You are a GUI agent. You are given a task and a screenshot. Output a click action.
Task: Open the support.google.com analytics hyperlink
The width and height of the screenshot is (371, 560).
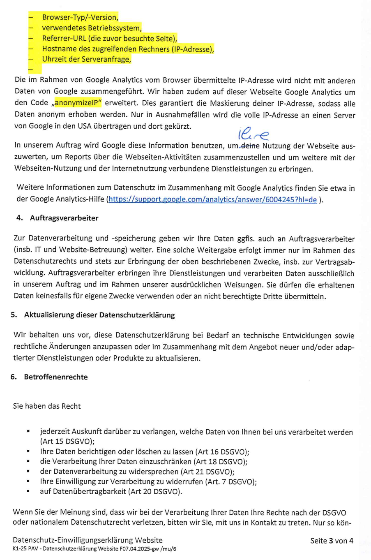coord(212,200)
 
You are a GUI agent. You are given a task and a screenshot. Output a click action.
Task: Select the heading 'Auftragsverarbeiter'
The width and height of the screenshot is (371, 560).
coord(64,218)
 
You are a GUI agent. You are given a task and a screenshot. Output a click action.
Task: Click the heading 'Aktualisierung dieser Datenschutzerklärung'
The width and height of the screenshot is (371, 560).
coord(99,315)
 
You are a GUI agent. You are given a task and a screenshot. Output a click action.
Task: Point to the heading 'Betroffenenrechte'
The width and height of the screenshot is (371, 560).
coord(55,377)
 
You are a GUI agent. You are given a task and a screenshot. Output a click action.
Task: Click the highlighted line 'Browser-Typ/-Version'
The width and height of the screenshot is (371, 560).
coord(80,17)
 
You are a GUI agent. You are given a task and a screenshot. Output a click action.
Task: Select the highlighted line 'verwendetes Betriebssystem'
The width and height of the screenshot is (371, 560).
coord(92,28)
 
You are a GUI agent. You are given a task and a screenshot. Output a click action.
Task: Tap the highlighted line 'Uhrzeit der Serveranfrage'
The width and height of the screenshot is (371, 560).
coord(86,59)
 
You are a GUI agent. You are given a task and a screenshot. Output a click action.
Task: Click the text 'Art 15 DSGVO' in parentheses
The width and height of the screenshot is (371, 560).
coord(67,442)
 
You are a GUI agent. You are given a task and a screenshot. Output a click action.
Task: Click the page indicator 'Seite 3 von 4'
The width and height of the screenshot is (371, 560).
coord(332,541)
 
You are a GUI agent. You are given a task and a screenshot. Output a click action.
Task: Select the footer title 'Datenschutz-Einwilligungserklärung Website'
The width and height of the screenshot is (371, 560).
coord(88,540)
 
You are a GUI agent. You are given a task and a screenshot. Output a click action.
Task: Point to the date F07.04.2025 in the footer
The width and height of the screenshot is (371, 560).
coord(137,549)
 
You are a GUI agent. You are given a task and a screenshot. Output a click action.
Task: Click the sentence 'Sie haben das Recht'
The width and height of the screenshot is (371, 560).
coord(47,406)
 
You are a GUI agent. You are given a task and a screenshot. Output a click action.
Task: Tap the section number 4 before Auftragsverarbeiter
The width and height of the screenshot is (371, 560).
coord(19,218)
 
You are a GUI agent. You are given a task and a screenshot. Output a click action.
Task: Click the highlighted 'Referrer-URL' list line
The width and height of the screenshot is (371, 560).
coord(109,39)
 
